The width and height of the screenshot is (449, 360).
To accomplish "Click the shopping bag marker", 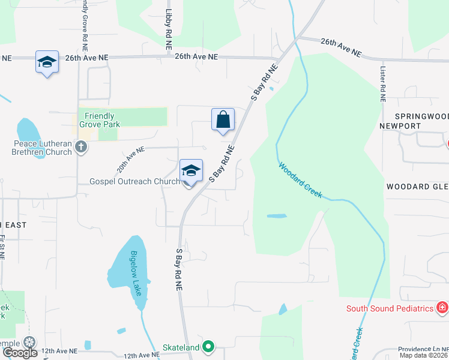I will [223, 119].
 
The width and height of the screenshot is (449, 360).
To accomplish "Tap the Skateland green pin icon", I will [208, 346].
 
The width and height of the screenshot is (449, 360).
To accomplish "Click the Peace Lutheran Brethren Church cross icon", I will [81, 146].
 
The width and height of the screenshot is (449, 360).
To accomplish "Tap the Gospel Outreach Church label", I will [134, 181].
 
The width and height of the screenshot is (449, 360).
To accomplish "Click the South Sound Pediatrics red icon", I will [442, 308].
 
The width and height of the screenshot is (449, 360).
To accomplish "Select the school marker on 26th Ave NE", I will [47, 62].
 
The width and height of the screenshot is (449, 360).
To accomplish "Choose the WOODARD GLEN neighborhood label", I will [417, 187].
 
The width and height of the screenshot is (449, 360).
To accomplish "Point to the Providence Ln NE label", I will [423, 349].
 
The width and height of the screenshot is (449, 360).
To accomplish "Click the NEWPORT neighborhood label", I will [400, 126].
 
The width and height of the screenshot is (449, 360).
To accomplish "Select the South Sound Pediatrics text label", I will [390, 308].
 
